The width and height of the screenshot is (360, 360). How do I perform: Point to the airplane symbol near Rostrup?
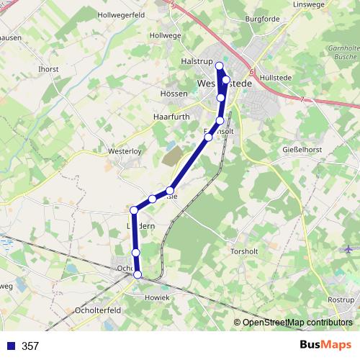click(x=348, y=249)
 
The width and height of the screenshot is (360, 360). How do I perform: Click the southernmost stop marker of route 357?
click(x=138, y=274)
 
